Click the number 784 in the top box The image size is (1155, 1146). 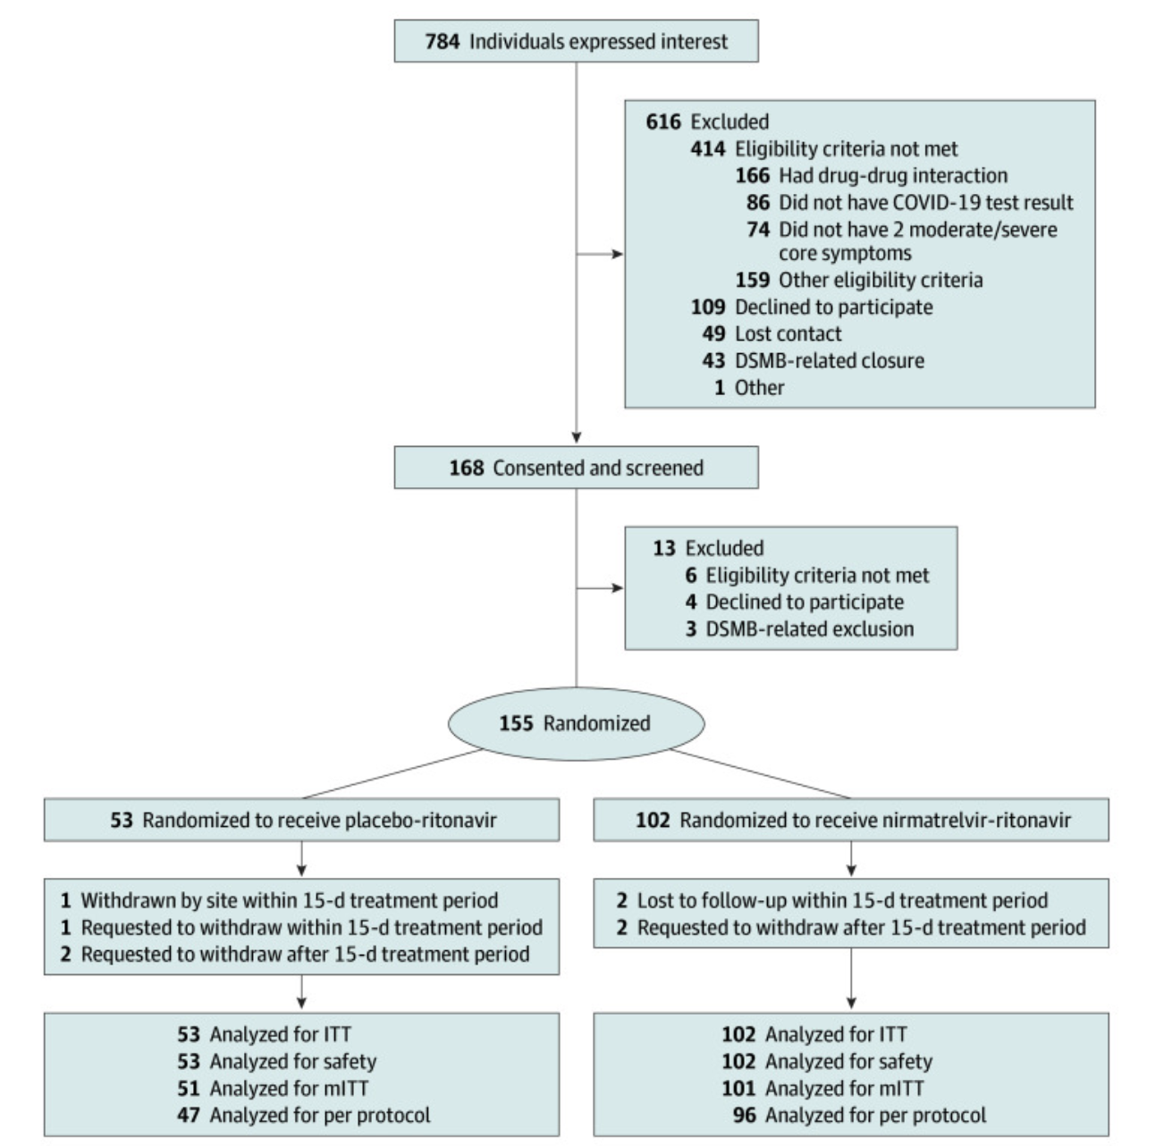coord(442,41)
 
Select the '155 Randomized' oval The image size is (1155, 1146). coord(576,723)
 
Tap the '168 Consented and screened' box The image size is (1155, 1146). coord(576,468)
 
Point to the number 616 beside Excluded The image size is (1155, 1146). coord(662,122)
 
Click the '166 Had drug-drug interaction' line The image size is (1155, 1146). coord(871,175)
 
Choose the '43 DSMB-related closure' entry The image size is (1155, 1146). coord(813,360)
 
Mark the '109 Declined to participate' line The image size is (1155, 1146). coord(811,307)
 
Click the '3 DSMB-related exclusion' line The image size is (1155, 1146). coord(799,628)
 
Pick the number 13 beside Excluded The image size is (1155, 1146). coord(663,548)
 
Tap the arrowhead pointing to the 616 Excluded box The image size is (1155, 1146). coord(618,254)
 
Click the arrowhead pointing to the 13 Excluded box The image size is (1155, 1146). coord(618,587)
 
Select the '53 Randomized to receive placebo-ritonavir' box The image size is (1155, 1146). coord(302,820)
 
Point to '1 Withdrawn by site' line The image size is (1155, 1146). coord(279,900)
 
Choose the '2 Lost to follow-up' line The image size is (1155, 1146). coord(831,900)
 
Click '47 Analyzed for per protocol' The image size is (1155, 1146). coord(303,1115)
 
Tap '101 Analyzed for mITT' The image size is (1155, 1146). coord(822,1088)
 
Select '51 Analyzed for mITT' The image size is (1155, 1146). coord(273,1088)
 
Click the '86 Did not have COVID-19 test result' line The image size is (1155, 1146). coord(909,202)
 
